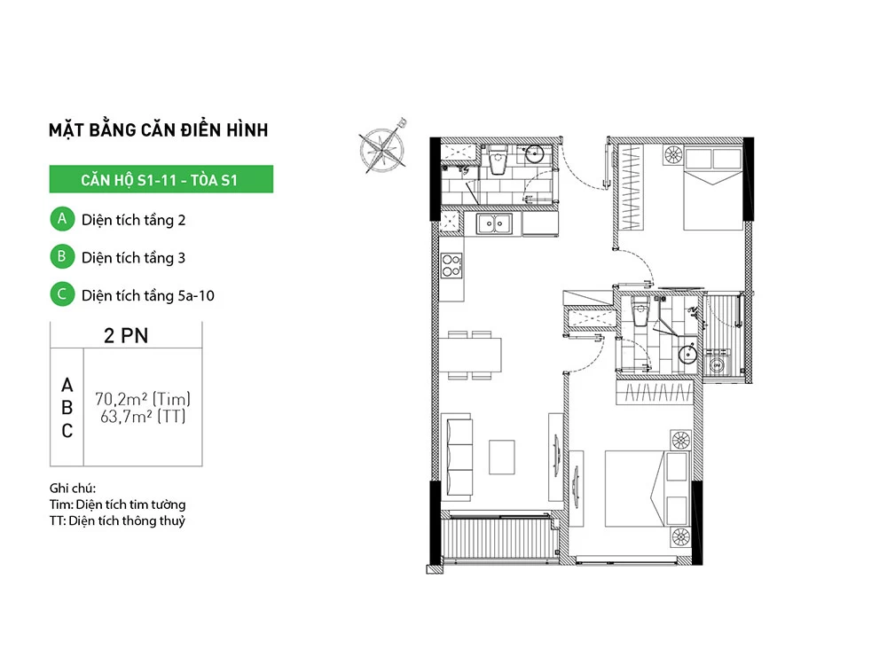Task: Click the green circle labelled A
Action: [62, 219]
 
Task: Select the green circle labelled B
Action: [62, 257]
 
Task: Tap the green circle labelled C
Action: [62, 294]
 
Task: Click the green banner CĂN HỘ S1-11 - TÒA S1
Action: [161, 179]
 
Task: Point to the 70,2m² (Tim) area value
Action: [143, 399]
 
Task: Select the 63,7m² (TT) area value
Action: [143, 417]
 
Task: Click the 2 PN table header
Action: [126, 335]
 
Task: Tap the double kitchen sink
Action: [494, 224]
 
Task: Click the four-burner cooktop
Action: [451, 266]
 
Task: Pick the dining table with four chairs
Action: [471, 355]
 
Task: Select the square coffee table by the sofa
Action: [502, 457]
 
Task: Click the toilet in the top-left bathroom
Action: [498, 160]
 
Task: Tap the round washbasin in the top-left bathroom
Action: [534, 153]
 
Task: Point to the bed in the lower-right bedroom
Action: [634, 488]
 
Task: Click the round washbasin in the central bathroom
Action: [688, 354]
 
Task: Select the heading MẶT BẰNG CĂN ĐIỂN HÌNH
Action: [159, 129]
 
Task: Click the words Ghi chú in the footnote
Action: [73, 488]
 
